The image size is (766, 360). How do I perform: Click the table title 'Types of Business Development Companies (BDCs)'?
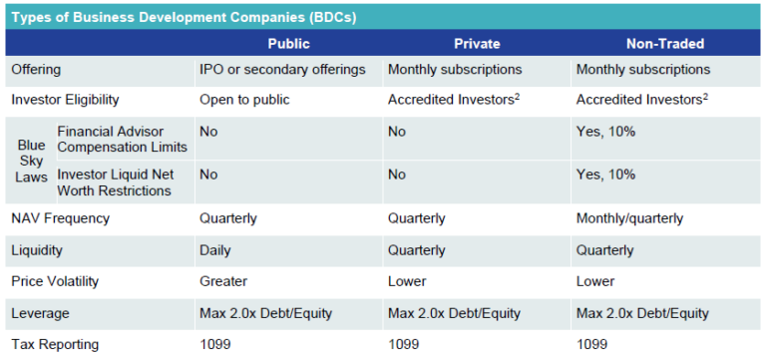point(184,17)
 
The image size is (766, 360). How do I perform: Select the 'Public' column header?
point(288,44)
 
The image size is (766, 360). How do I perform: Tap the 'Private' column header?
point(478,44)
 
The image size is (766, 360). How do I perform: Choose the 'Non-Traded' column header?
point(665,44)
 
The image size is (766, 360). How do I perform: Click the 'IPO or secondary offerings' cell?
point(282,70)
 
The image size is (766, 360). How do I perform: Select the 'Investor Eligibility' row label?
point(65,100)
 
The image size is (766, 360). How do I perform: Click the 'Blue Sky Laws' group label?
point(31,161)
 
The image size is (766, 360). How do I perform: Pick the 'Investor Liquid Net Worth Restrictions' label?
point(119,182)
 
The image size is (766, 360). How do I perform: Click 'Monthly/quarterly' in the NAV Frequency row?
point(629,218)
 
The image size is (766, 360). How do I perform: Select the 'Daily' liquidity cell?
point(215,250)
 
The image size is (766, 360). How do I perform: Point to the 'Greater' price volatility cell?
point(223,281)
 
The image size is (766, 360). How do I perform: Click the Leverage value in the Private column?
point(454,313)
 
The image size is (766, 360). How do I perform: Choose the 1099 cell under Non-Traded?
point(592,344)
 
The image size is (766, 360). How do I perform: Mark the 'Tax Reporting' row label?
point(54,344)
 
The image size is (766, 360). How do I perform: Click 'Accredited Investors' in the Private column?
point(448,100)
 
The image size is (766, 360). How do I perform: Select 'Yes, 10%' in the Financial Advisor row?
point(607,131)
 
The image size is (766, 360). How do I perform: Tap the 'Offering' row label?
point(36,70)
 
